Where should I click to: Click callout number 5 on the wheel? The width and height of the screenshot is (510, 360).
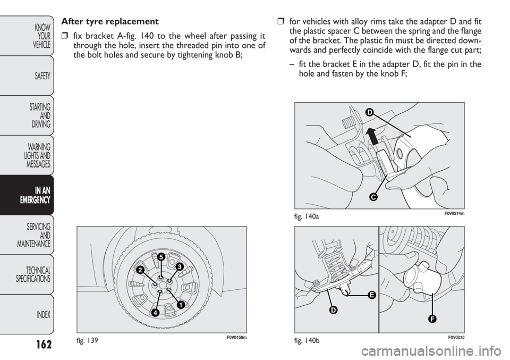(160, 257)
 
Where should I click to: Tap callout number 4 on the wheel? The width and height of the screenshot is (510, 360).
(155, 313)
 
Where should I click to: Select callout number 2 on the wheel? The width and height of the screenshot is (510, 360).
(140, 270)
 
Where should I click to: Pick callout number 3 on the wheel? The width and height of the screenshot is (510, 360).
(179, 266)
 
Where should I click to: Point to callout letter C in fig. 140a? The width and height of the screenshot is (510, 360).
(373, 197)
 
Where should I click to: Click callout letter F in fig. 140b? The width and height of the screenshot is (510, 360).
(432, 319)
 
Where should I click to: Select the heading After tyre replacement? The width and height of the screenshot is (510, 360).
(110, 22)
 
